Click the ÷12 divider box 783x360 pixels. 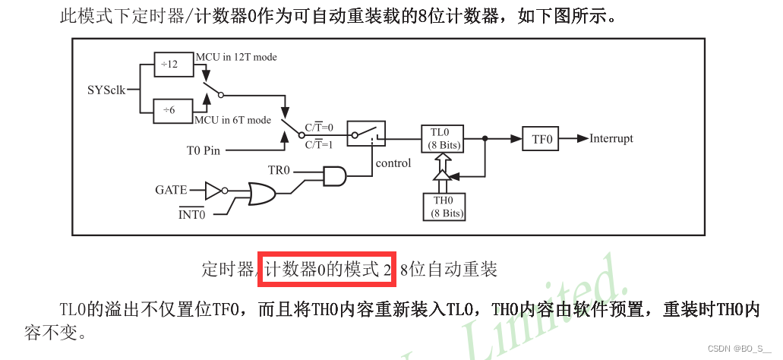pyautogui.click(x=169, y=65)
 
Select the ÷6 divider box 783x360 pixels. pyautogui.click(x=169, y=110)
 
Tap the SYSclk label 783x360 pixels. pyautogui.click(x=106, y=89)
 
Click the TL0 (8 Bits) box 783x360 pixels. pyautogui.click(x=441, y=138)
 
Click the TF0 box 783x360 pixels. pyautogui.click(x=540, y=139)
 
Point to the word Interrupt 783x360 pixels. pyautogui.click(x=611, y=139)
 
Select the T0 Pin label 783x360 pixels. pyautogui.click(x=203, y=150)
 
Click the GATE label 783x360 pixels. pyautogui.click(x=171, y=190)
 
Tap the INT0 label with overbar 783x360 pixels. pyautogui.click(x=192, y=214)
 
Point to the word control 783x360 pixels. pyautogui.click(x=393, y=163)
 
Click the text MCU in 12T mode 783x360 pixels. pyautogui.click(x=236, y=57)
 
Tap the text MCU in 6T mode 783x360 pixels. pyautogui.click(x=232, y=120)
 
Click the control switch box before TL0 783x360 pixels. pyautogui.click(x=366, y=134)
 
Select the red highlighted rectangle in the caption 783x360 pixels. pyautogui.click(x=327, y=269)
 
